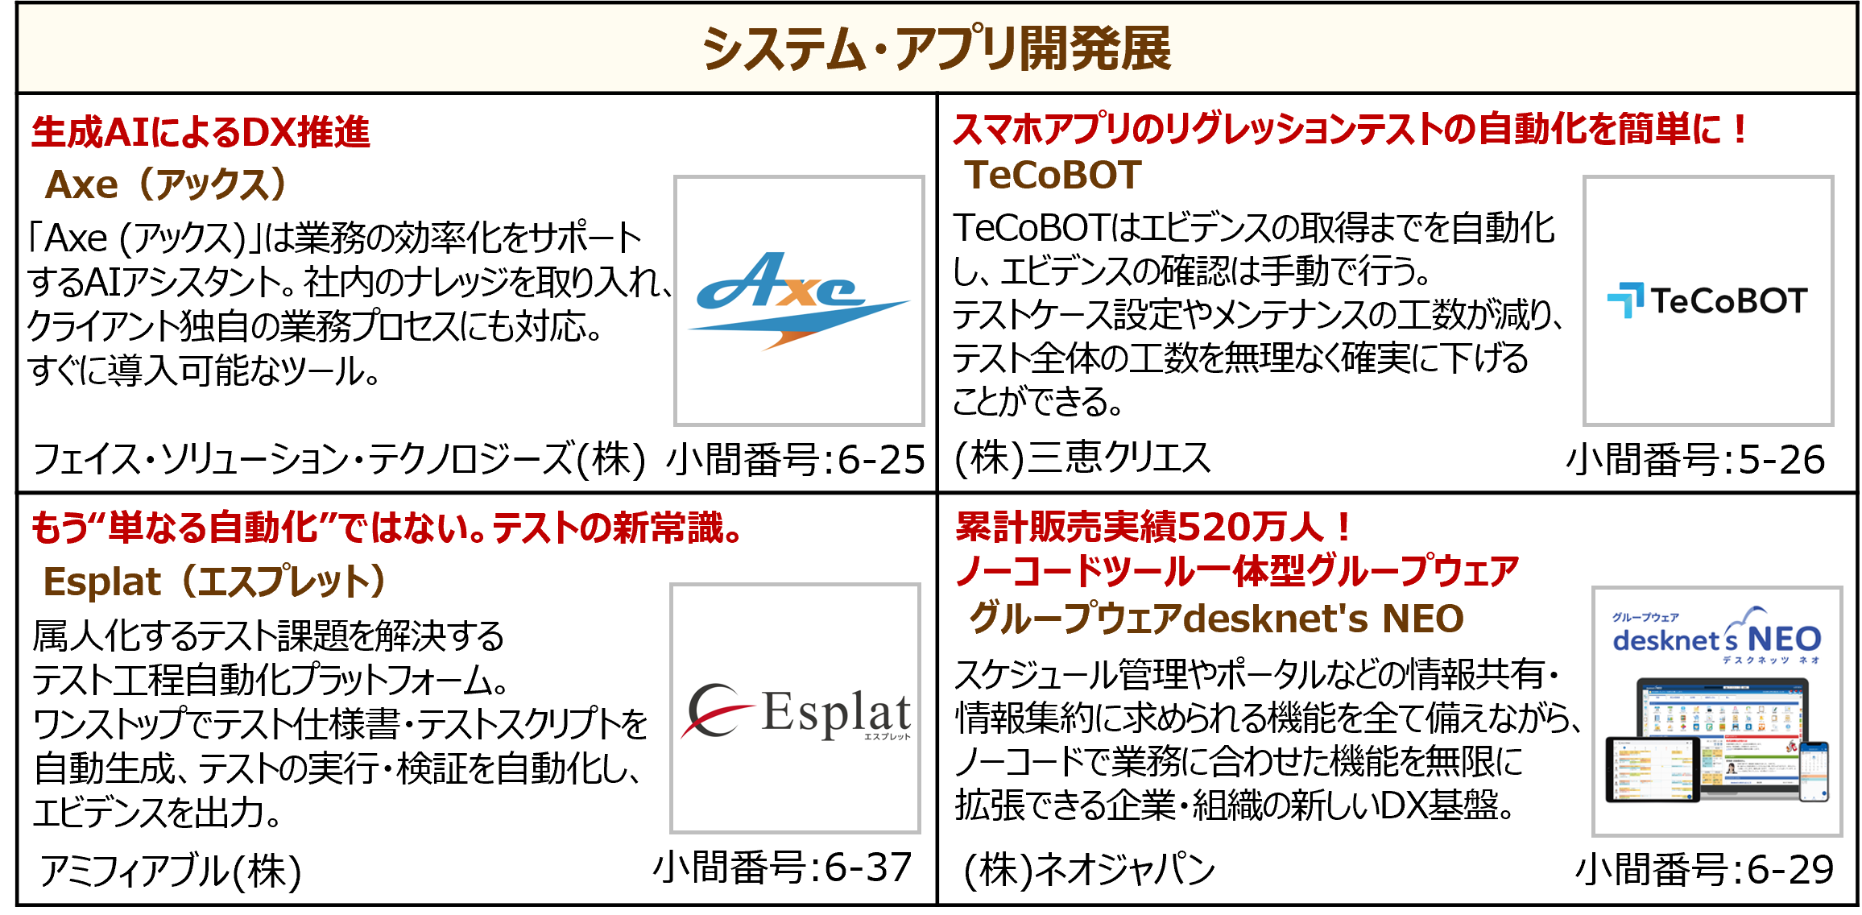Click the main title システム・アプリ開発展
936,48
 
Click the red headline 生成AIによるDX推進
201,132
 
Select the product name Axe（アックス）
166,184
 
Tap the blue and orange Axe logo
797,300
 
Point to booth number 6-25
880,460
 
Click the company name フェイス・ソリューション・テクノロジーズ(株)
338,460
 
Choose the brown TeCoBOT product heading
1053,175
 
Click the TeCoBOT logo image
1707,300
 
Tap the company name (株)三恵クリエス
1082,458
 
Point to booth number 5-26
1781,460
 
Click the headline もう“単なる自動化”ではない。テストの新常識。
387,528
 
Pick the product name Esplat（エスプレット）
214,582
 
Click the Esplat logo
795,712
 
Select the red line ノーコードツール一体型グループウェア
1236,571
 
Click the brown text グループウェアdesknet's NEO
1216,619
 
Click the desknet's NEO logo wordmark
1717,639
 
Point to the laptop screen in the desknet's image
1722,721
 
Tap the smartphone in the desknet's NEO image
1814,772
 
